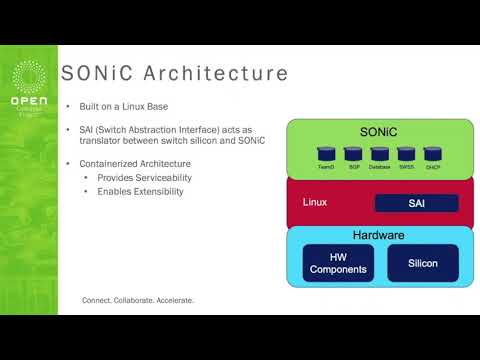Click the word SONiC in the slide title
pos(98,74)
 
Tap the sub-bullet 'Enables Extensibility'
pos(140,191)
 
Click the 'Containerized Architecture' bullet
pos(136,163)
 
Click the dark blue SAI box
pos(415,203)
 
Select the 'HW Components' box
pos(338,263)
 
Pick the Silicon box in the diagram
pos(422,263)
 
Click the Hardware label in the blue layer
pos(377,235)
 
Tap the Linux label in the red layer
pos(315,202)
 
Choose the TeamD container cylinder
pos(326,155)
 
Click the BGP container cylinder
pos(352,155)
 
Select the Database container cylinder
pos(379,155)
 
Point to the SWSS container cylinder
pos(405,155)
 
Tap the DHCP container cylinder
pos(432,155)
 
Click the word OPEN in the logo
pos(29,101)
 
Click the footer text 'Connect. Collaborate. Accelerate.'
pos(138,300)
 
